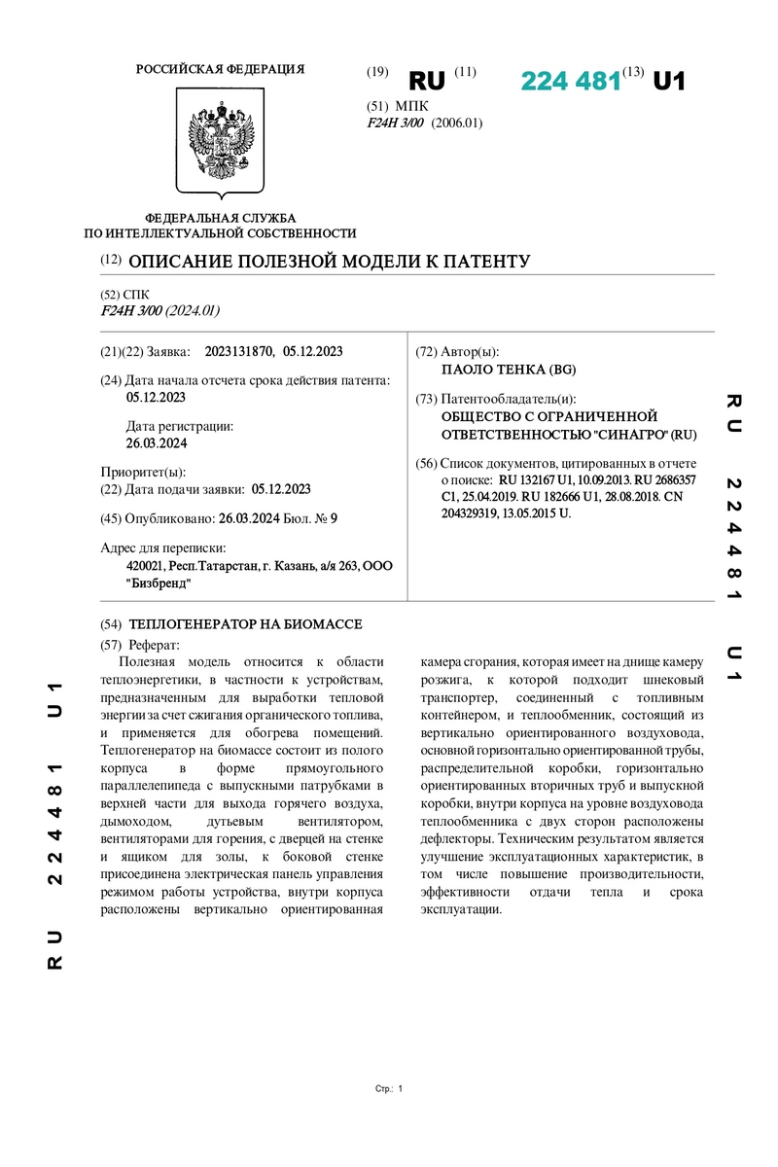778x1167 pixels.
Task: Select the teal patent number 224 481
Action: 570,82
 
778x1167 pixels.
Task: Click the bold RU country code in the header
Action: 426,81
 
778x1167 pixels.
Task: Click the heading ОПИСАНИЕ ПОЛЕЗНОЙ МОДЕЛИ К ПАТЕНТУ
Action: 329,262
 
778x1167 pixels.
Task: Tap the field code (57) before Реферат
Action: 111,645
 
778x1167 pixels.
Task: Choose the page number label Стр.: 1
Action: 388,1089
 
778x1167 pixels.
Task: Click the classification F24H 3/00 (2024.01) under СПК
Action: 160,311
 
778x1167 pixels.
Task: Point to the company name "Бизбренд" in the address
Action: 159,583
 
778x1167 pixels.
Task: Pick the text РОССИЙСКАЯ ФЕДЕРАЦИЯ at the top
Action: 220,69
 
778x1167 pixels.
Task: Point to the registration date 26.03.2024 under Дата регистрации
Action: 157,442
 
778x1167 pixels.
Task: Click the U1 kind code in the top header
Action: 668,82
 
